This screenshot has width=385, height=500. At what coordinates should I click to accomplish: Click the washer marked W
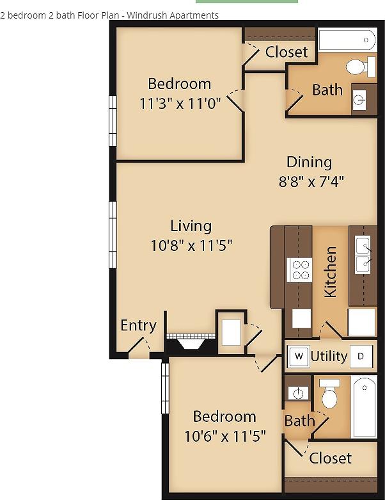[298, 357]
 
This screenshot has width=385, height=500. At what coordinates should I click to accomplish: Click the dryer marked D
[361, 357]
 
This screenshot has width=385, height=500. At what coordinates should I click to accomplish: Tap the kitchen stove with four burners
[299, 270]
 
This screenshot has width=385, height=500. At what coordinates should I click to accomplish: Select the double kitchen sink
[363, 254]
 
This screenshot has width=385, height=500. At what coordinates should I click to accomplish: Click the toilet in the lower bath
[329, 395]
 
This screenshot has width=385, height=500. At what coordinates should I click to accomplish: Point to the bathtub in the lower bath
[365, 407]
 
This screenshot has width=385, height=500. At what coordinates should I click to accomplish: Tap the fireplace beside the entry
[190, 341]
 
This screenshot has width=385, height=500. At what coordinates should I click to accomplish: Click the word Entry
[138, 325]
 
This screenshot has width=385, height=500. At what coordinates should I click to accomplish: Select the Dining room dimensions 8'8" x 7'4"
[311, 181]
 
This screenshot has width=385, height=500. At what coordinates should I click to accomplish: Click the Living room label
[191, 225]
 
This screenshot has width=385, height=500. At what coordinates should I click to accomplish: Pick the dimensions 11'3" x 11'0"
[180, 103]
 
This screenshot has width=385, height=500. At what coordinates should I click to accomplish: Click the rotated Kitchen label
[331, 271]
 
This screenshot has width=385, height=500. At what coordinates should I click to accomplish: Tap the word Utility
[329, 357]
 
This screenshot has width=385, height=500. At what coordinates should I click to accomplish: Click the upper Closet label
[287, 52]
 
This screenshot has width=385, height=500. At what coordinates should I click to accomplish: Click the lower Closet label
[330, 458]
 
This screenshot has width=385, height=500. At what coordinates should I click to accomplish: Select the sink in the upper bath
[359, 99]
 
